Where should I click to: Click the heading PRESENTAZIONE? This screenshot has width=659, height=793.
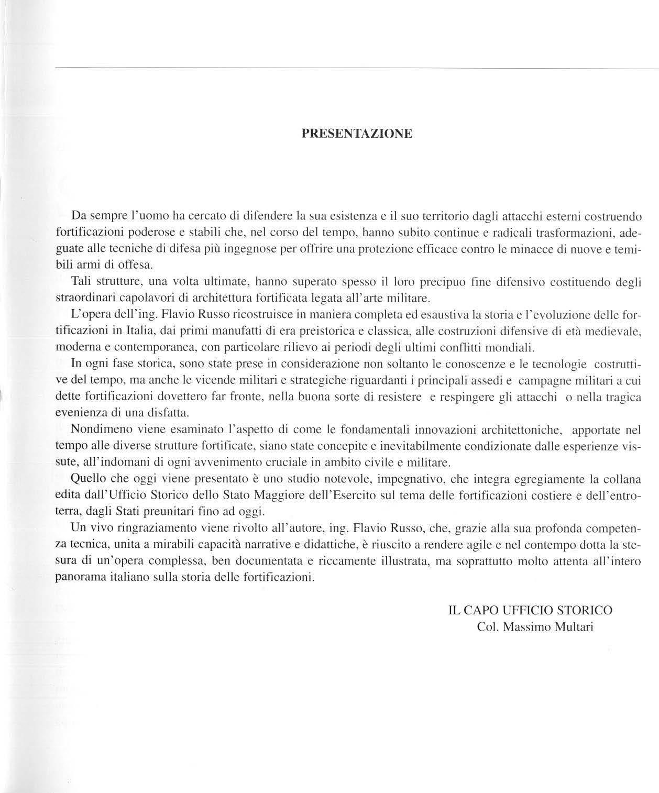(x=357, y=134)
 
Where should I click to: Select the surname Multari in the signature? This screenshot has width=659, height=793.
(x=575, y=627)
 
